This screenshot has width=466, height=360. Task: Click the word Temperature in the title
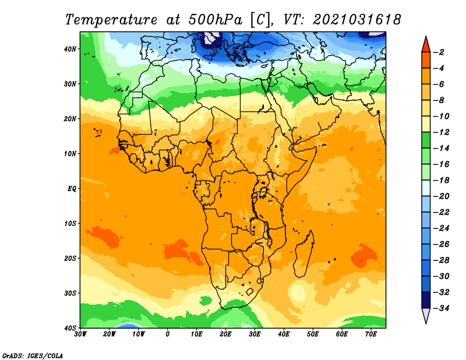coord(111,20)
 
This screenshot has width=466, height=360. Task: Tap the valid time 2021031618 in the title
coord(357,19)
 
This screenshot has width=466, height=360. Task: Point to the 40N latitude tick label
coord(70,49)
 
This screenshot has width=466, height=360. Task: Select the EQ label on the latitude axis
coord(72,189)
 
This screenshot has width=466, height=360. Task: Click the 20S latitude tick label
coord(70,258)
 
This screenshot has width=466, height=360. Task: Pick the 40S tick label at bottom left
coord(70,328)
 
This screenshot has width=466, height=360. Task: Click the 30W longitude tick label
coord(80,334)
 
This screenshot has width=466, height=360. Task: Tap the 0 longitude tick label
coord(168,334)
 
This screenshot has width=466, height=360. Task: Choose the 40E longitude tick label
coord(284,334)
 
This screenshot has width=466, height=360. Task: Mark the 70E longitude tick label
coord(370,334)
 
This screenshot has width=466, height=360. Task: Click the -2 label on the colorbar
coord(439,52)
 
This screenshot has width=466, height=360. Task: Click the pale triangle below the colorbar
coord(426,315)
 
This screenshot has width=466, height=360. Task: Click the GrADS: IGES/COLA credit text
coord(33,356)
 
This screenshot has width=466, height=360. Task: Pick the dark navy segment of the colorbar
coord(426,300)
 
